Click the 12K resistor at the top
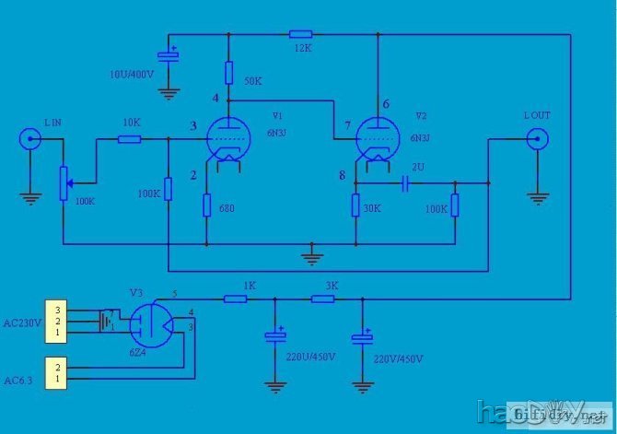299,33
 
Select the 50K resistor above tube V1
228,72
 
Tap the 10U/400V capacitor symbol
169,54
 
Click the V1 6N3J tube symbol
228,141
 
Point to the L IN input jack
29,140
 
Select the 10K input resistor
129,140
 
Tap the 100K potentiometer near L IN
63,182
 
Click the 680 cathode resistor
207,205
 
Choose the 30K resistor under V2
355,205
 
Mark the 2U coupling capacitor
406,184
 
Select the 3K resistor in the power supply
323,299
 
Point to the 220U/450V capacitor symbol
273,337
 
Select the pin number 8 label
342,175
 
